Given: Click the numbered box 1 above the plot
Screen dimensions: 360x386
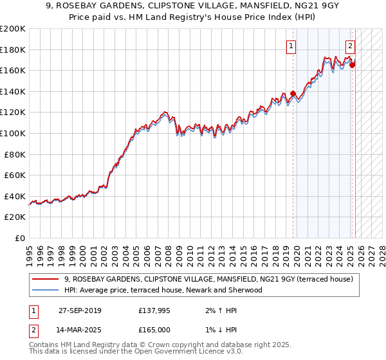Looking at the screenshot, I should pyautogui.click(x=291, y=46).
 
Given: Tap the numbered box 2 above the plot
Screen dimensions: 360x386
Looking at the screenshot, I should pyautogui.click(x=350, y=46).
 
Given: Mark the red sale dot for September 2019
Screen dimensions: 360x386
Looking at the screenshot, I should pyautogui.click(x=293, y=93).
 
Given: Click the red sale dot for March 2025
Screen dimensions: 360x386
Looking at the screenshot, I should pyautogui.click(x=352, y=64).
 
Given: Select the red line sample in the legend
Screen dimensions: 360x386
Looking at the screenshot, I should pyautogui.click(x=46, y=280).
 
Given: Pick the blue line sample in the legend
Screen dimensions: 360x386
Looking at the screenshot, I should pyautogui.click(x=46, y=290).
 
